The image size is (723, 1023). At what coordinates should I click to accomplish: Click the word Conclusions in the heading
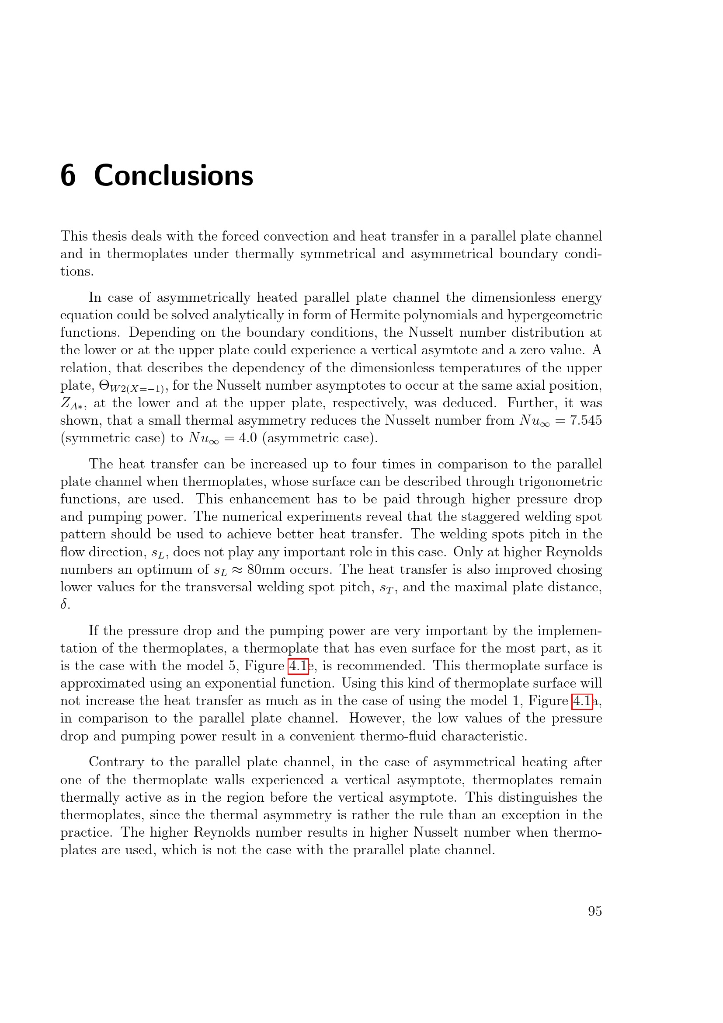pyautogui.click(x=174, y=175)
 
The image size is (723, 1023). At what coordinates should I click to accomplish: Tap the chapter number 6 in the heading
pyautogui.click(x=68, y=175)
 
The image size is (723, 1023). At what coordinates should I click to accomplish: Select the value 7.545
pyautogui.click(x=585, y=420)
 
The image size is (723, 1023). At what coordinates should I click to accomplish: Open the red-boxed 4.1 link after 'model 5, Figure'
pyautogui.click(x=298, y=666)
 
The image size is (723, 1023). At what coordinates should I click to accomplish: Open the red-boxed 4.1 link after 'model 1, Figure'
pyautogui.click(x=581, y=701)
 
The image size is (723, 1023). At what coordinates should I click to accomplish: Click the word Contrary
pyautogui.click(x=116, y=762)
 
